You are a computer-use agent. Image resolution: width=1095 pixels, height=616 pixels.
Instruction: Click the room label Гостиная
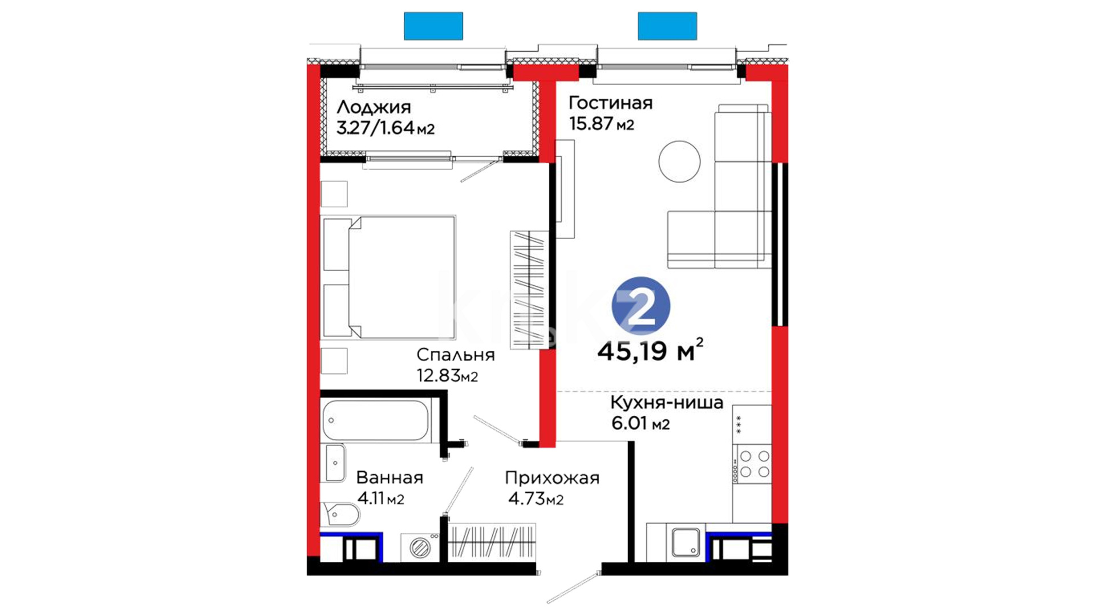pyautogui.click(x=610, y=103)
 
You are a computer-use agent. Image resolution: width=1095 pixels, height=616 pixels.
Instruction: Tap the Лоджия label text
pyautogui.click(x=374, y=107)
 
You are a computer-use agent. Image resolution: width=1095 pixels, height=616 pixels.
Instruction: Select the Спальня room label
pyautogui.click(x=455, y=355)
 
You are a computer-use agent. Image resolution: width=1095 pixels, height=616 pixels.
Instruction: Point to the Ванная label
pyautogui.click(x=390, y=477)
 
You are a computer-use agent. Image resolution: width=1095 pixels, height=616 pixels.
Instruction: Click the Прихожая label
pyautogui.click(x=552, y=478)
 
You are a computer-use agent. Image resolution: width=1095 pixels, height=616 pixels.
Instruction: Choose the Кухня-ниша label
pyautogui.click(x=667, y=402)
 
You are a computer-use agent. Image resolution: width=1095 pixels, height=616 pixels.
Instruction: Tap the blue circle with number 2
pyautogui.click(x=641, y=306)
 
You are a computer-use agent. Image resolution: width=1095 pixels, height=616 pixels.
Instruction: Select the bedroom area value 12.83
pyautogui.click(x=439, y=376)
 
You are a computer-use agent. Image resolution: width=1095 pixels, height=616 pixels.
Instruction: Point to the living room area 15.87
pyautogui.click(x=591, y=123)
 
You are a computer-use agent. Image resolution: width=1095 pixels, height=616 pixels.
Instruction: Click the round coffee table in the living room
pyautogui.click(x=679, y=161)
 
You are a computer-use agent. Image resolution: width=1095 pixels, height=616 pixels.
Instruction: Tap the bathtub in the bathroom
pyautogui.click(x=375, y=420)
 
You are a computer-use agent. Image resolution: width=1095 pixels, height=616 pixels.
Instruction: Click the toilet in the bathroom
pyautogui.click(x=340, y=515)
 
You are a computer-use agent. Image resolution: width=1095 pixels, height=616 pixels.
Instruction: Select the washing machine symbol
pyautogui.click(x=420, y=548)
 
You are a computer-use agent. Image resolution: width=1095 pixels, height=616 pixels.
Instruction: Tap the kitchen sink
pyautogui.click(x=686, y=542)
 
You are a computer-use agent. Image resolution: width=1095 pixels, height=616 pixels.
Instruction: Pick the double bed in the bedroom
pyautogui.click(x=390, y=277)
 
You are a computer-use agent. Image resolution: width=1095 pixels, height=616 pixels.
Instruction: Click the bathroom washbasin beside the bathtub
pyautogui.click(x=335, y=463)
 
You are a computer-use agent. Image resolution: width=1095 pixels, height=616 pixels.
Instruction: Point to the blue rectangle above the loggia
pyautogui.click(x=433, y=26)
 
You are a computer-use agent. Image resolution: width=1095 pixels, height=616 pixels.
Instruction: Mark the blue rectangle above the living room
pyautogui.click(x=667, y=26)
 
